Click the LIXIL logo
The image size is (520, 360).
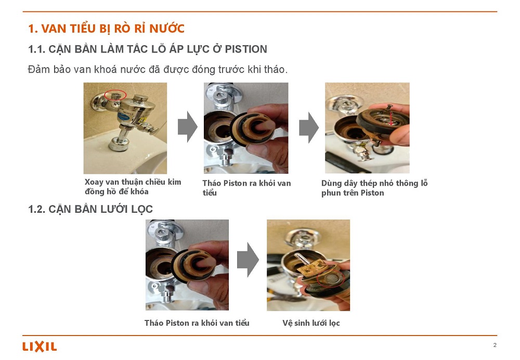tap(40, 346)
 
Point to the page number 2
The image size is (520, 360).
tap(495, 345)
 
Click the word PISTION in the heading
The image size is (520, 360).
tap(246, 49)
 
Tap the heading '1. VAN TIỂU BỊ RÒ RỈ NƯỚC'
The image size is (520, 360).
tap(106, 29)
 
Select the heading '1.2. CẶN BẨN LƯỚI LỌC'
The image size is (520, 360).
tap(90, 209)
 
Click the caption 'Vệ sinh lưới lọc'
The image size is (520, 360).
tap(311, 323)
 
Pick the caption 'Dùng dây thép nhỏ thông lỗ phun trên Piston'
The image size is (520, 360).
tap(374, 188)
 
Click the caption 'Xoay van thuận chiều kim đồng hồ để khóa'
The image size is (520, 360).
tap(133, 186)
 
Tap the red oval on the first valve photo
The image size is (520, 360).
tap(115, 95)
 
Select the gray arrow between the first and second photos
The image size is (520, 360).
tap(188, 127)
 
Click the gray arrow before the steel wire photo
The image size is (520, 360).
tap(309, 128)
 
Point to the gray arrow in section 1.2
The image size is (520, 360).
tap(248, 260)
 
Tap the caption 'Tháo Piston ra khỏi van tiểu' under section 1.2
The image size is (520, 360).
tap(197, 323)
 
